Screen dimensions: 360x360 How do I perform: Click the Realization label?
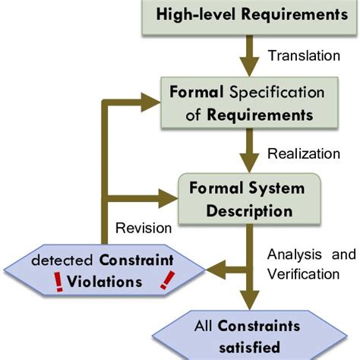[304, 153]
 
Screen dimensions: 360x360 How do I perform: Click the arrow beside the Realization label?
[245, 154]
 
